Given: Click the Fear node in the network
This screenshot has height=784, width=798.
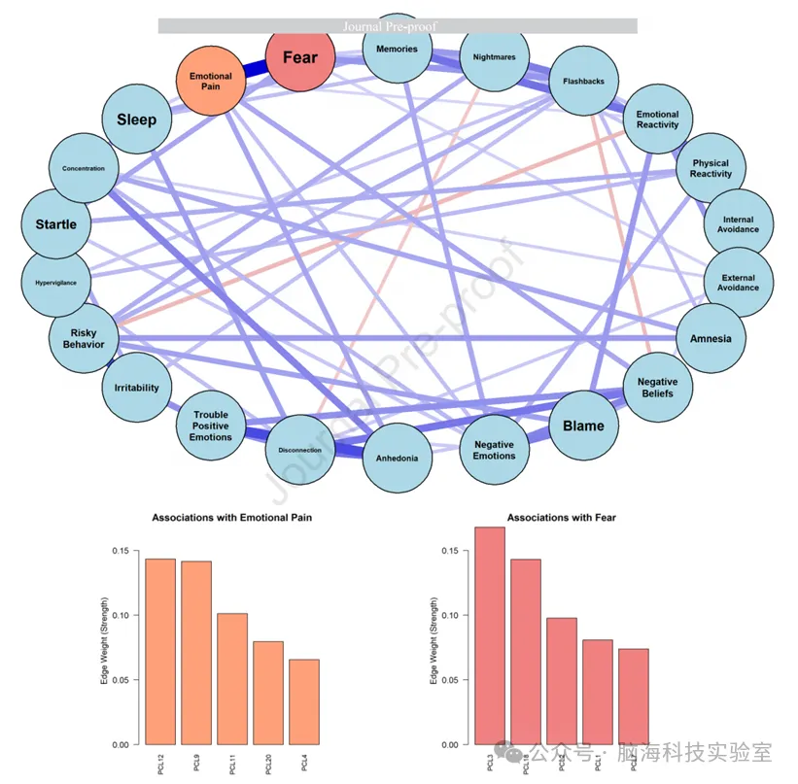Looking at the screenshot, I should tap(299, 57).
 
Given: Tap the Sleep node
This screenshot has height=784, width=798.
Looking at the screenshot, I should tap(136, 119).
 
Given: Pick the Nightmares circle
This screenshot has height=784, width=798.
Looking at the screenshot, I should tap(494, 57).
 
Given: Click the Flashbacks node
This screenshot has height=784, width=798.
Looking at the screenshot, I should tap(583, 81).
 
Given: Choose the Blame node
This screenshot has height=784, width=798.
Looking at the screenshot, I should tap(583, 426).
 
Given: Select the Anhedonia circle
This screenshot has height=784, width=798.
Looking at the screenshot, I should tap(397, 458).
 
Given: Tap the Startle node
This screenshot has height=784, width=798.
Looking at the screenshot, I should tap(56, 224).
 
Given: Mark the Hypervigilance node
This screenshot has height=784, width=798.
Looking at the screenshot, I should tap(56, 283).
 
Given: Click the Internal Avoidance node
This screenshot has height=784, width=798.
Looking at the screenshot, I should tap(738, 224).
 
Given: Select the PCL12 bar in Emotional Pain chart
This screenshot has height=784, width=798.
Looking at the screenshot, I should tap(160, 651).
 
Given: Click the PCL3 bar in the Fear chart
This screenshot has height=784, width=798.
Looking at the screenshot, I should tap(490, 635).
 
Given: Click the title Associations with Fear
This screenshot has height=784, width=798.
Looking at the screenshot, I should tap(561, 518).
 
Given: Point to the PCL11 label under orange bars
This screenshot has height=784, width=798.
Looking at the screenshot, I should tap(232, 764).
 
